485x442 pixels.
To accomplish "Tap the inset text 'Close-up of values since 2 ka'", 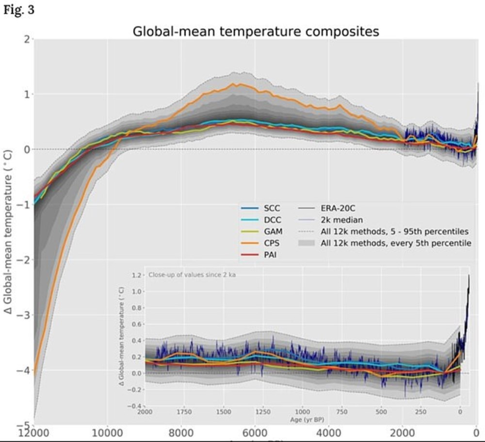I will tap(195, 275).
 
